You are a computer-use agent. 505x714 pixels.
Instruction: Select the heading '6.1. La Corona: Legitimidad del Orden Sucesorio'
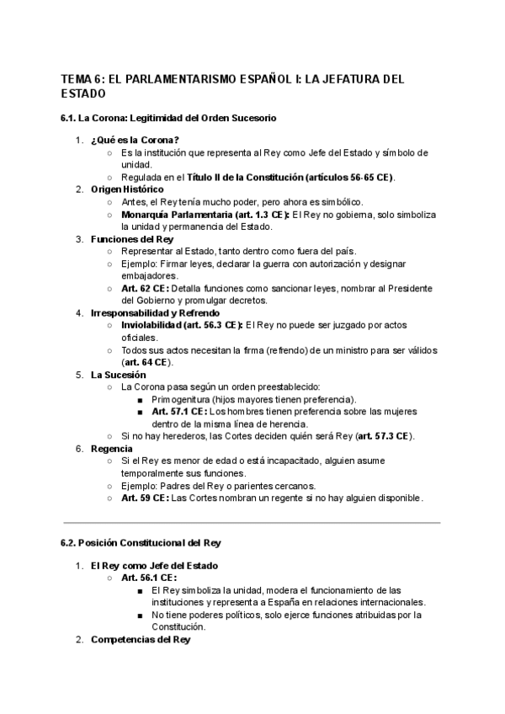tap(168, 118)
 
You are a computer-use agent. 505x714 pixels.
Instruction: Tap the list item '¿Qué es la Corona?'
tap(135, 140)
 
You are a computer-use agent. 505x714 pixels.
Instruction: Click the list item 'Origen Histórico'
tap(130, 189)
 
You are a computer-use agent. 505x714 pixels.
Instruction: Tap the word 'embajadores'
tap(150, 276)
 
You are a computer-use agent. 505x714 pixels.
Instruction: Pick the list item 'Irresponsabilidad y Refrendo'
tap(156, 313)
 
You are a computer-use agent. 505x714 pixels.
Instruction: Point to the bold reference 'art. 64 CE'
tap(147, 362)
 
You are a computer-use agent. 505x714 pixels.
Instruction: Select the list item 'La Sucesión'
tap(119, 375)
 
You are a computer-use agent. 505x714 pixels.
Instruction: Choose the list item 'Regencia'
tap(112, 449)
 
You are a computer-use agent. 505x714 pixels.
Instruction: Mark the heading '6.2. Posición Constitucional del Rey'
tap(140, 543)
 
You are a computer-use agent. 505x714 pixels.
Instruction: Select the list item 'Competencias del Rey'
tap(141, 640)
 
